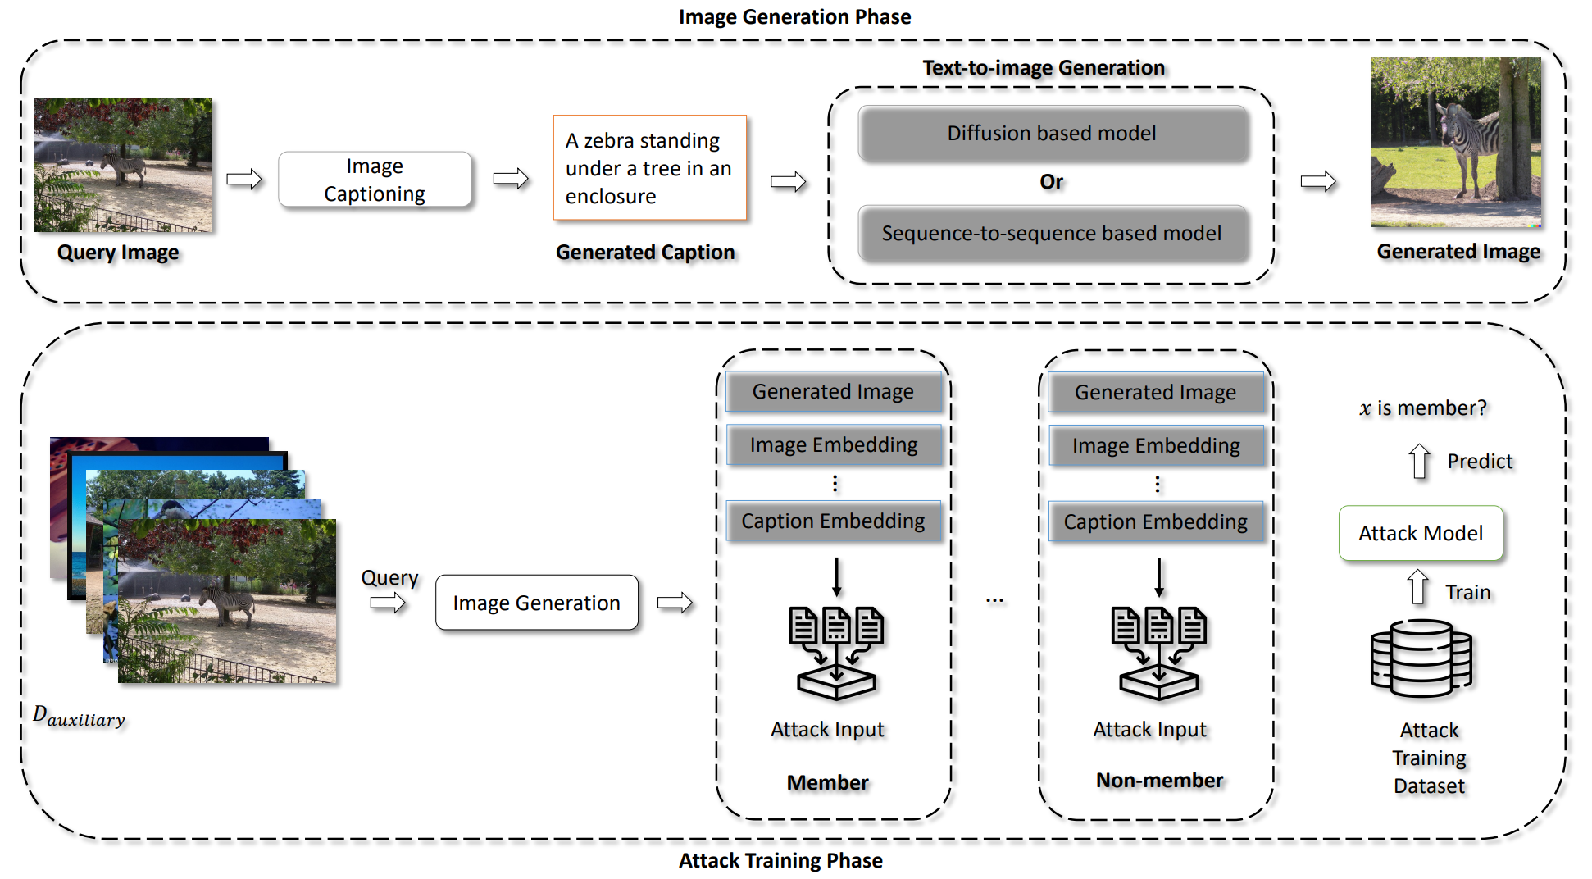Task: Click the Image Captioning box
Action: pyautogui.click(x=375, y=180)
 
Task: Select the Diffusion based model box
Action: pyautogui.click(x=1053, y=134)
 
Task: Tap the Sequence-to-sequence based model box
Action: pyautogui.click(x=1053, y=234)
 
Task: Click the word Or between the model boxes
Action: pyautogui.click(x=1051, y=182)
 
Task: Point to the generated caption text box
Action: pyautogui.click(x=649, y=168)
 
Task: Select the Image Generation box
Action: pyautogui.click(x=536, y=603)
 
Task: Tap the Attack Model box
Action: pyautogui.click(x=1421, y=534)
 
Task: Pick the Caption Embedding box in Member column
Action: pyautogui.click(x=833, y=521)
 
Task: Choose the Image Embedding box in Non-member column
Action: pyautogui.click(x=1156, y=446)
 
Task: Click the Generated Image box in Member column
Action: pyautogui.click(x=833, y=392)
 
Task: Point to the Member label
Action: pyautogui.click(x=827, y=782)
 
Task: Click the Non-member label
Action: pyautogui.click(x=1159, y=781)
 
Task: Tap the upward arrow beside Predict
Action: pyautogui.click(x=1419, y=461)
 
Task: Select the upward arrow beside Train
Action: pyautogui.click(x=1417, y=588)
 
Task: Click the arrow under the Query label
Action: pyautogui.click(x=388, y=604)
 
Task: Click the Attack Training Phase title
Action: pyautogui.click(x=780, y=860)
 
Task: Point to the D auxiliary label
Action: pyautogui.click(x=79, y=716)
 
